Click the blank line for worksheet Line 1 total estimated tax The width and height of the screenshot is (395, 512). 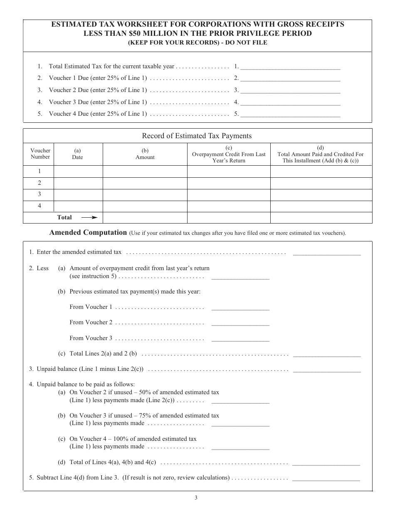290,66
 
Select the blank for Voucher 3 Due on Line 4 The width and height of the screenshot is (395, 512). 290,102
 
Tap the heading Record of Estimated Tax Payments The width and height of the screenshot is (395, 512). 197,136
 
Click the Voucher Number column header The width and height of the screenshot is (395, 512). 40,154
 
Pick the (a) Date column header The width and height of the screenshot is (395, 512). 77,154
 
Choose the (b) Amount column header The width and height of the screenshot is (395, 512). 145,154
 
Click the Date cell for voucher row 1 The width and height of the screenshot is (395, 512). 78,171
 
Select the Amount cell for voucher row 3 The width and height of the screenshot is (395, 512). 145,194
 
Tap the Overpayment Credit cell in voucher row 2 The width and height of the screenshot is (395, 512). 229,183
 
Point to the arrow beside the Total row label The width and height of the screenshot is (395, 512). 89,217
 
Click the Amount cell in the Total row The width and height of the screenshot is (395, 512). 145,217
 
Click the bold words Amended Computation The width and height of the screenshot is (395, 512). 88,233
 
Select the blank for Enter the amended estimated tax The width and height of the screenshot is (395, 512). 327,252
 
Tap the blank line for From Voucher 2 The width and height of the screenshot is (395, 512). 240,323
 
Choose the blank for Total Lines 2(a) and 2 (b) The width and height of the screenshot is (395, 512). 327,354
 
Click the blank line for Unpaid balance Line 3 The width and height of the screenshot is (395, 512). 327,370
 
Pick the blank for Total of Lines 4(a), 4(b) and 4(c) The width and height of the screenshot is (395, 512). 326,463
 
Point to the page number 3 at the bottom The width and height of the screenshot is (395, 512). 196,498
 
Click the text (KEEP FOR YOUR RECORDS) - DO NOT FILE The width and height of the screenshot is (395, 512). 197,42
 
